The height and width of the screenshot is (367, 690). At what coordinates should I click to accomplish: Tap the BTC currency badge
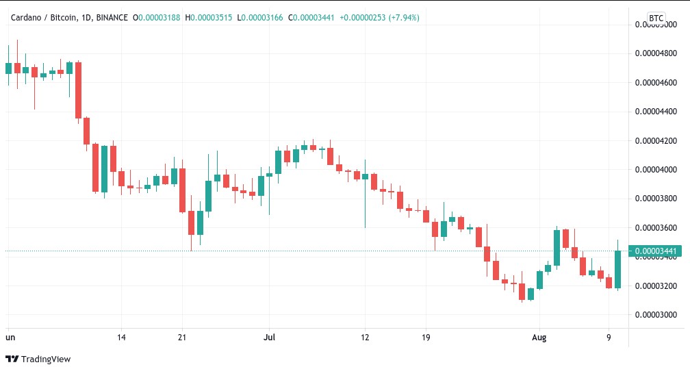(x=656, y=18)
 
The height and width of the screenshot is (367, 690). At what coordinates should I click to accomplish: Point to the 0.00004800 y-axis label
(x=656, y=53)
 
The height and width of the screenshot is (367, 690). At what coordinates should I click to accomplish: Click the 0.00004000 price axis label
(x=656, y=169)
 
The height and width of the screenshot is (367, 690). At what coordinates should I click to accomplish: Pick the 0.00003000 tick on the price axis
(x=656, y=315)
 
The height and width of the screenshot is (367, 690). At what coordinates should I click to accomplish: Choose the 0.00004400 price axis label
(x=656, y=111)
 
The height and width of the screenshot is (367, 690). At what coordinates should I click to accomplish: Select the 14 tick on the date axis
(x=121, y=337)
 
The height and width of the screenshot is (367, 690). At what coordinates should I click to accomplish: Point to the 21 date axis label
(x=182, y=337)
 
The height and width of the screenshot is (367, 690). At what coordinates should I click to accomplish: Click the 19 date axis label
(x=426, y=337)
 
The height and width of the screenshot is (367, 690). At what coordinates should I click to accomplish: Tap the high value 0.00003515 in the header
(x=208, y=17)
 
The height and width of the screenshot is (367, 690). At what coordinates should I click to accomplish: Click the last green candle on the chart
(x=617, y=269)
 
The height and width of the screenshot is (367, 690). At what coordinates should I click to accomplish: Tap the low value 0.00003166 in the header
(x=261, y=17)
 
